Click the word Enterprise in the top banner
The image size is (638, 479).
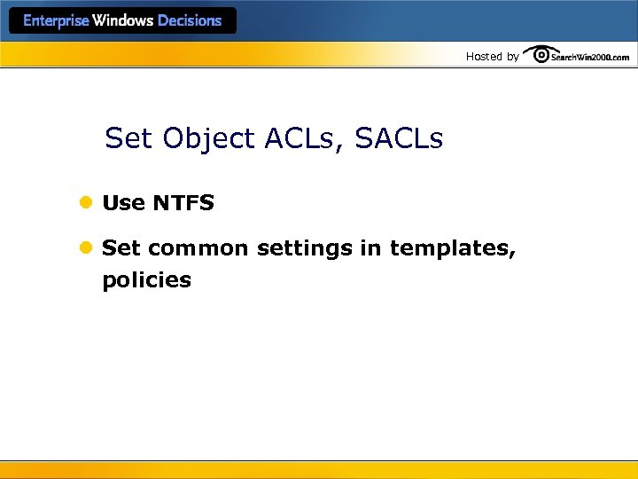click(x=56, y=21)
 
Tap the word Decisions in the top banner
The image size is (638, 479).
click(x=190, y=21)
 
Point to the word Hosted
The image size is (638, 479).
click(x=484, y=57)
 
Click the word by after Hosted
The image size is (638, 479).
click(x=512, y=57)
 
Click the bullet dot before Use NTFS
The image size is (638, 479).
click(x=86, y=203)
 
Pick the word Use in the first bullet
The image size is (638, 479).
click(x=124, y=203)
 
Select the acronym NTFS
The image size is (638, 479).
click(x=183, y=203)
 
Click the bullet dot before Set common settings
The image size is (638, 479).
click(x=86, y=248)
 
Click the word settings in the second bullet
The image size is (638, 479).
click(x=305, y=249)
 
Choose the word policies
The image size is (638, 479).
click(x=147, y=280)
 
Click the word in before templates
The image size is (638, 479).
click(x=370, y=248)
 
